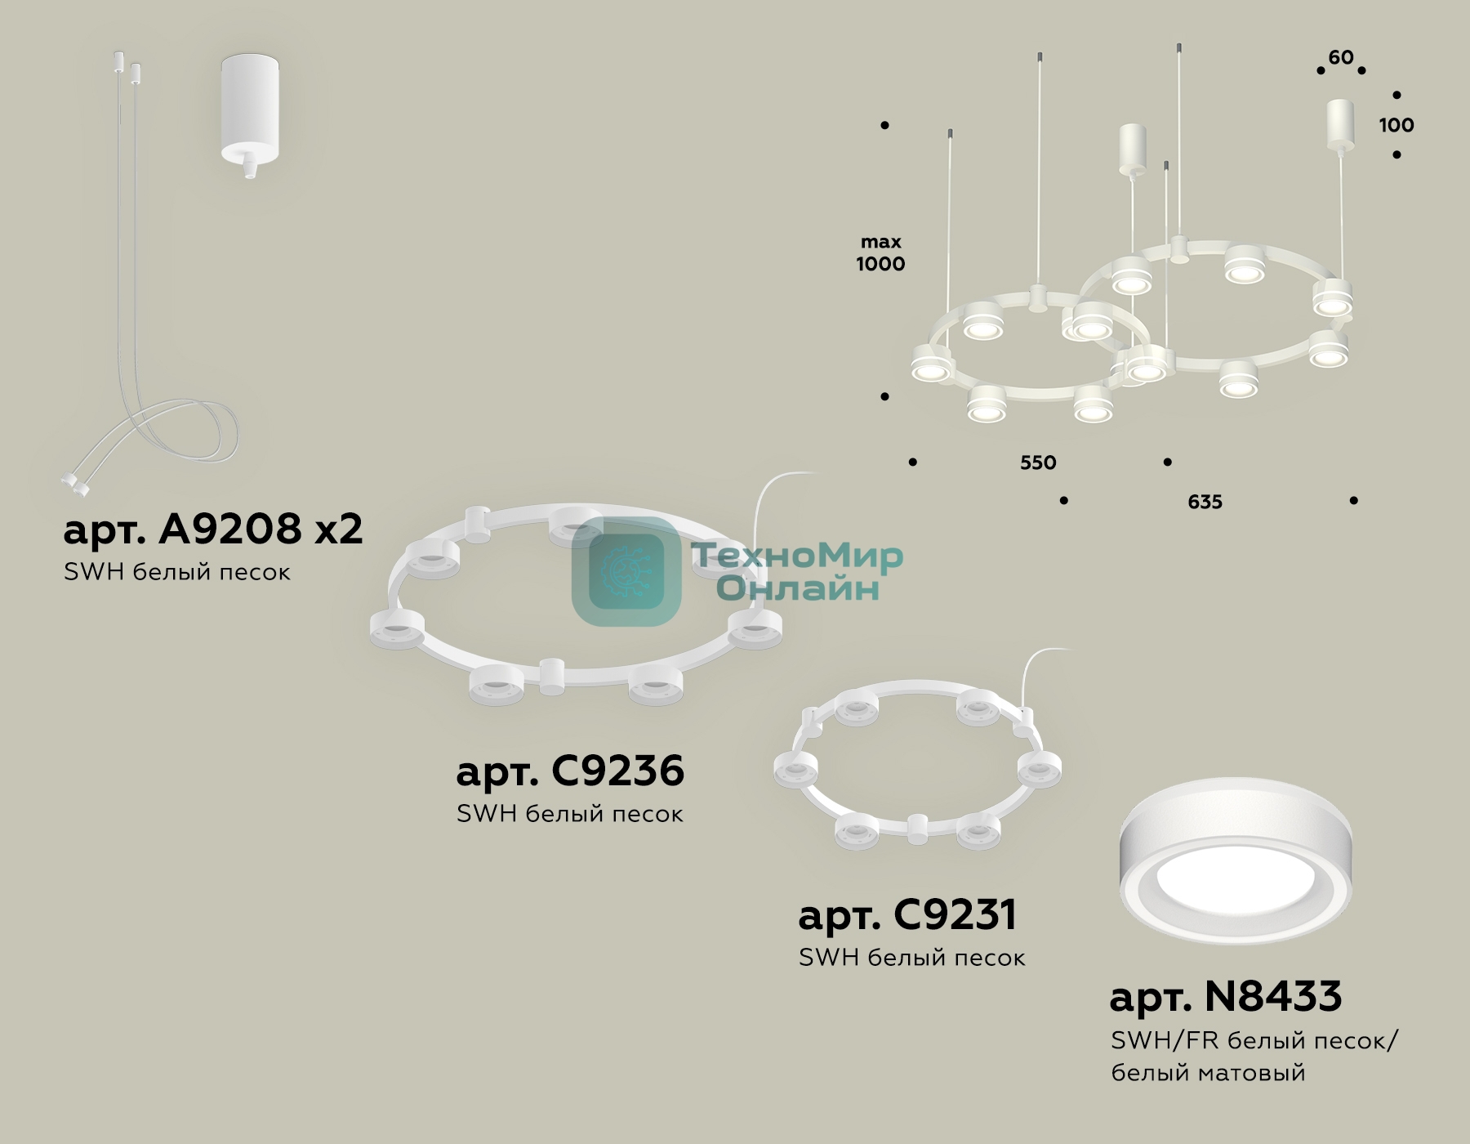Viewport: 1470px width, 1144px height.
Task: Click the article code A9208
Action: coord(230,530)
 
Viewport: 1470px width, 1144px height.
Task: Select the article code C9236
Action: coord(618,771)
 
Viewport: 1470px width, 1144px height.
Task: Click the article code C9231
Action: coord(955,914)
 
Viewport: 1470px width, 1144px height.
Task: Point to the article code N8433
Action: coord(1273,996)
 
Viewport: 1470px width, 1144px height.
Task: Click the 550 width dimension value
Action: coord(1038,463)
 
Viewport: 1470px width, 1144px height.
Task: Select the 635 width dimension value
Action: coord(1205,502)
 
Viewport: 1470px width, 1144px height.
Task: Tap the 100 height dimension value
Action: coord(1396,125)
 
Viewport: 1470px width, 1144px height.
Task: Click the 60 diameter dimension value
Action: coord(1341,57)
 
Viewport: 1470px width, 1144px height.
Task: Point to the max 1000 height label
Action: coord(880,252)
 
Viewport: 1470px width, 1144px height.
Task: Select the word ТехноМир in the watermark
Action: coord(798,556)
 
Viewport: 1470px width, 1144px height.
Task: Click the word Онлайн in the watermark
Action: coord(798,588)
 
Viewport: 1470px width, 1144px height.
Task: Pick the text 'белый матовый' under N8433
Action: coord(1208,1072)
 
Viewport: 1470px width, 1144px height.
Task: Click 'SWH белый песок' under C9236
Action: coord(570,814)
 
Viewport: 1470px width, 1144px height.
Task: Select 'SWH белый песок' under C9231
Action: coord(911,958)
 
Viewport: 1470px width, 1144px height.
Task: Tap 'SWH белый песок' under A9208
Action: coord(176,572)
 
